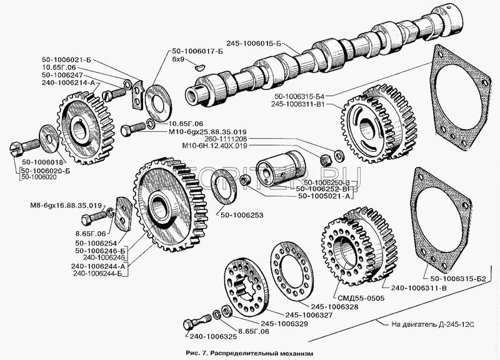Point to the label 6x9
178,62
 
